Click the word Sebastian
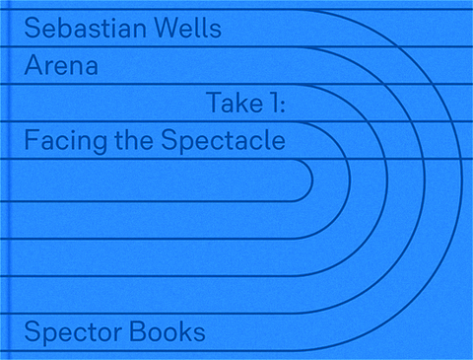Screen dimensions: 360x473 (x=85, y=29)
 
